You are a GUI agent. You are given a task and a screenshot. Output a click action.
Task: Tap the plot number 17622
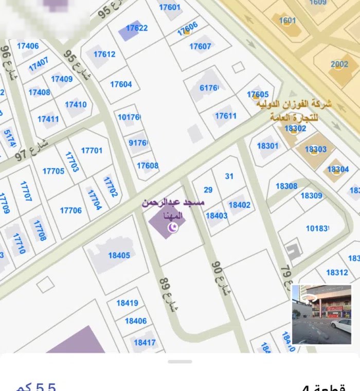(137, 28)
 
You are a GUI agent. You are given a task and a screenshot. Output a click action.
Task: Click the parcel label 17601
(170, 7)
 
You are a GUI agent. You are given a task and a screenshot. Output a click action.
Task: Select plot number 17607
(200, 46)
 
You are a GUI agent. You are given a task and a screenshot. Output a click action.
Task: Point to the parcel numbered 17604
(121, 84)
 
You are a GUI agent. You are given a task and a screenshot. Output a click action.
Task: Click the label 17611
(226, 116)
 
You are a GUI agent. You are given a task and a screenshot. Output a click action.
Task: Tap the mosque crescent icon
(174, 227)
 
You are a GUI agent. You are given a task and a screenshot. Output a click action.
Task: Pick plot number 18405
(119, 255)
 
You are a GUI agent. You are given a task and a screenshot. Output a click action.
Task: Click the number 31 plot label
(229, 176)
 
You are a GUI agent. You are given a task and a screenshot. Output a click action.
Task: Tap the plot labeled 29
(208, 190)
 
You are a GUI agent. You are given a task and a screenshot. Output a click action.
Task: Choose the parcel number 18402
(239, 205)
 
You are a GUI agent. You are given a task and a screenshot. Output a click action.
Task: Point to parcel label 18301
(267, 146)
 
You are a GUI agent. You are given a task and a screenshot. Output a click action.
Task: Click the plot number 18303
(315, 149)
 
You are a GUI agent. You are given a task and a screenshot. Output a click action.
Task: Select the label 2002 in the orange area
(339, 64)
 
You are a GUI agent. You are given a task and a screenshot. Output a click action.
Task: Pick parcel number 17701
(92, 151)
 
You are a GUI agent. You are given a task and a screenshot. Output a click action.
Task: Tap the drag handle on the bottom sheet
(180, 362)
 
